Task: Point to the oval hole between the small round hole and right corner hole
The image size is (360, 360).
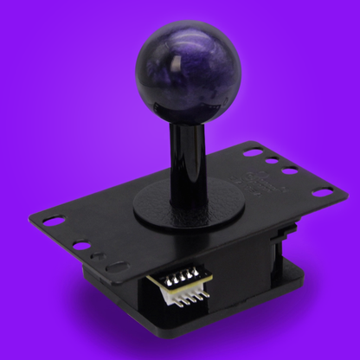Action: (287, 170)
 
